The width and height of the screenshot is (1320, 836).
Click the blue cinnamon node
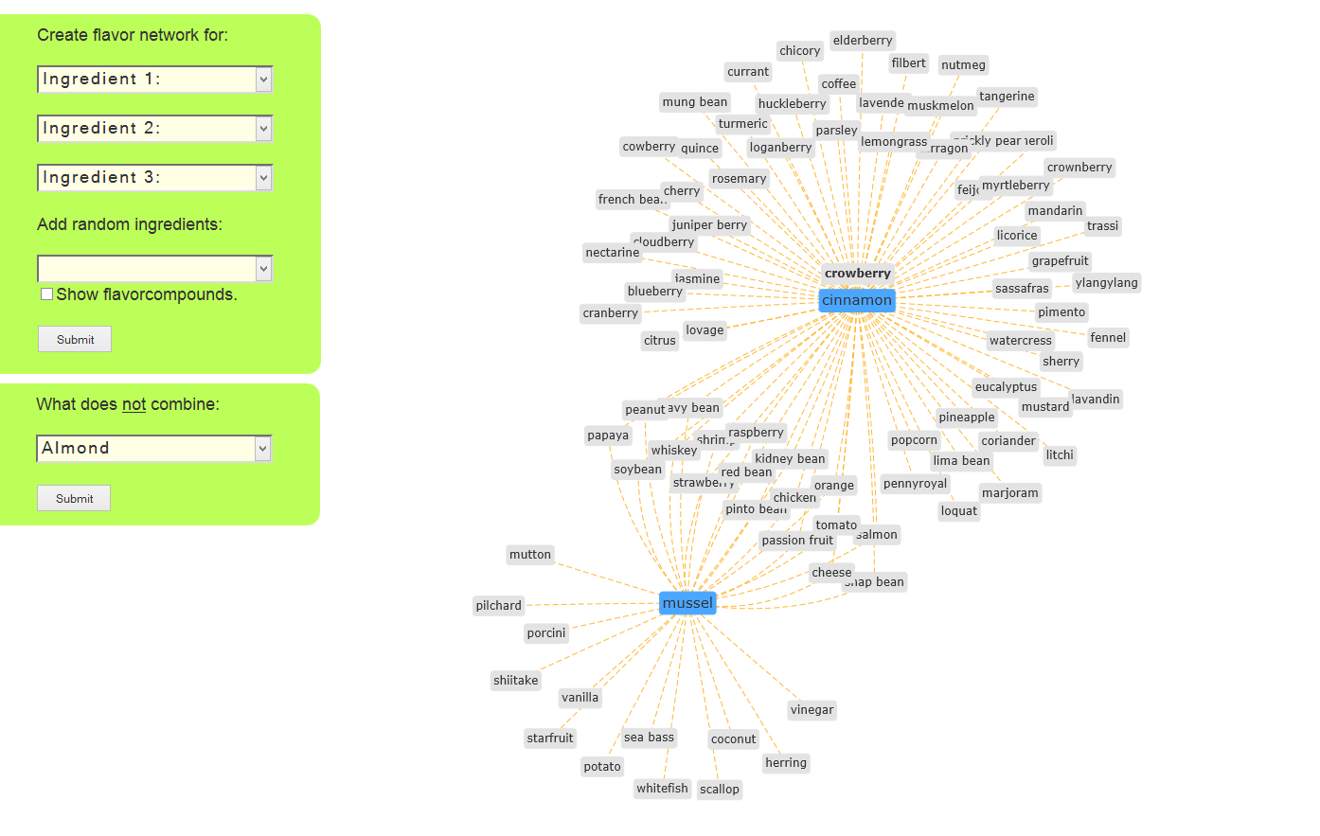(x=856, y=300)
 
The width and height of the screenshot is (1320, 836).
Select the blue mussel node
(x=687, y=603)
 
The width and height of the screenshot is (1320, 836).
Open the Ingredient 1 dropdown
(x=155, y=80)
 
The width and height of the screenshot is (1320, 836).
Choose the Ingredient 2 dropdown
(x=155, y=129)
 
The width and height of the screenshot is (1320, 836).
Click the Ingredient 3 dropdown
(x=155, y=178)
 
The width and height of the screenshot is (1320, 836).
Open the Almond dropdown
(x=154, y=449)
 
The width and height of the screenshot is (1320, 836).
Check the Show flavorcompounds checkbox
(x=46, y=294)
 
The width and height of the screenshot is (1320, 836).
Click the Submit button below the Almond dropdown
(x=74, y=498)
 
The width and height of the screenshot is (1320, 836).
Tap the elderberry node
(x=863, y=41)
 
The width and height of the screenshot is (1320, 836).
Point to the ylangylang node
(x=1106, y=283)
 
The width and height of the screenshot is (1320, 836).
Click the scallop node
(x=719, y=790)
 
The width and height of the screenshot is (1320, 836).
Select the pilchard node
(x=498, y=606)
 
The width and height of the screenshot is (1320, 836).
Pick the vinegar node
(x=812, y=710)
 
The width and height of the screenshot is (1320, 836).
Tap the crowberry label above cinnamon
(x=857, y=274)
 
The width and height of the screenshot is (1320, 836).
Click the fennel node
(x=1108, y=338)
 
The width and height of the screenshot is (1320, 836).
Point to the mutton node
(x=529, y=555)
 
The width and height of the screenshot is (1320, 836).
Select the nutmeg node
(x=963, y=65)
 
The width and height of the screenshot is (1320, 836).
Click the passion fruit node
(x=797, y=541)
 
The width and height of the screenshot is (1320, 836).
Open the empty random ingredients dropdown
(x=155, y=269)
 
